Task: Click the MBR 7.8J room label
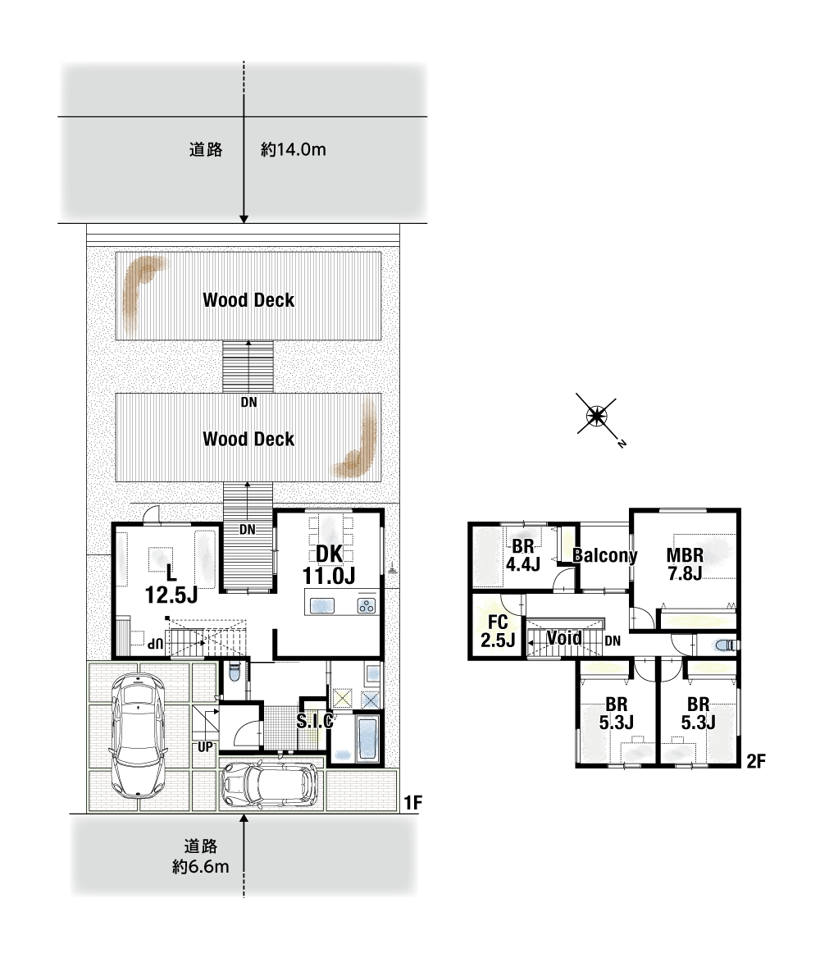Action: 685,564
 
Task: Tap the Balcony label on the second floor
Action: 605,555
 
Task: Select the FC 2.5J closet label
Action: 498,631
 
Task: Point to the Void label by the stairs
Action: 564,638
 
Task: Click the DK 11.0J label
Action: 329,564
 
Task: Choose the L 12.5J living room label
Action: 171,583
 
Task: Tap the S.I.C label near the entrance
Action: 315,721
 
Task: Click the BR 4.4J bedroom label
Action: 523,555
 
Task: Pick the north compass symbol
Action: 597,417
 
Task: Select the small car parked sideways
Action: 270,784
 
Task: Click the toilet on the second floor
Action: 725,645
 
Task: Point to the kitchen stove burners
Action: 367,605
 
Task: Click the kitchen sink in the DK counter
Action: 322,606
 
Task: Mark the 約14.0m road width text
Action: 293,149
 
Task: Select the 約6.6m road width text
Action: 201,866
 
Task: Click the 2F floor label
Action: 755,760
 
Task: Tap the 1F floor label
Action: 412,803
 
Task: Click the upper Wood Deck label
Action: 248,299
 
